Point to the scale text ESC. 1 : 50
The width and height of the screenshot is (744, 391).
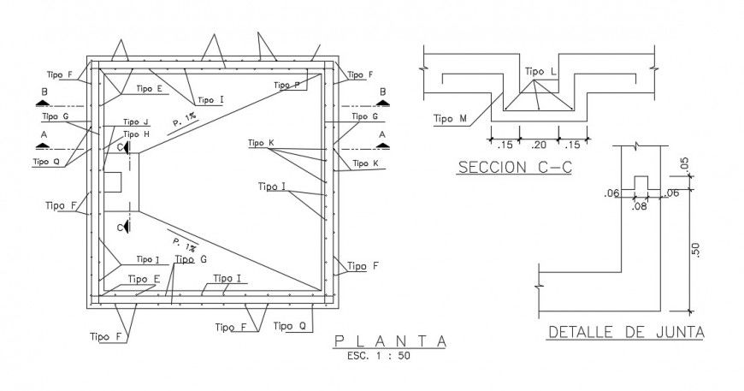coord(379,357)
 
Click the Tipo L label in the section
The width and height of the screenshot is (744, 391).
coord(540,72)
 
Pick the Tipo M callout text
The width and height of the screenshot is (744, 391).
coord(450,119)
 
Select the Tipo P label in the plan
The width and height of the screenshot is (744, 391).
coord(286,85)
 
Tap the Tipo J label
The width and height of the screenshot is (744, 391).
coord(136,121)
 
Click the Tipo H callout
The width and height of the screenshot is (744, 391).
coord(136,134)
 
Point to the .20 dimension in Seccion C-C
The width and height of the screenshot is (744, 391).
coord(538,145)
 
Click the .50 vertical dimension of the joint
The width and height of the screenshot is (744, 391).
coord(696,249)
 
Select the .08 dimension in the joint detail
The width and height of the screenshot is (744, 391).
coord(639,206)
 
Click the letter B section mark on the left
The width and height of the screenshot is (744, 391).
coord(42,92)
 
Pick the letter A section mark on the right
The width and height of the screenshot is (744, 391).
coord(382,134)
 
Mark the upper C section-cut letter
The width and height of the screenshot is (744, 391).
coord(121,147)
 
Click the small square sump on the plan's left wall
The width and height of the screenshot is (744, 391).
coord(114,181)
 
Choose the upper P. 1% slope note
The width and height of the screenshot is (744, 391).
coord(182,122)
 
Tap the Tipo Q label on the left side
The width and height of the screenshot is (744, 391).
coord(46,161)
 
